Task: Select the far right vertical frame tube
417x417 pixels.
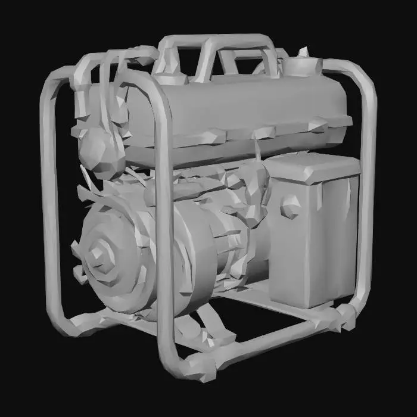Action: point(367,197)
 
